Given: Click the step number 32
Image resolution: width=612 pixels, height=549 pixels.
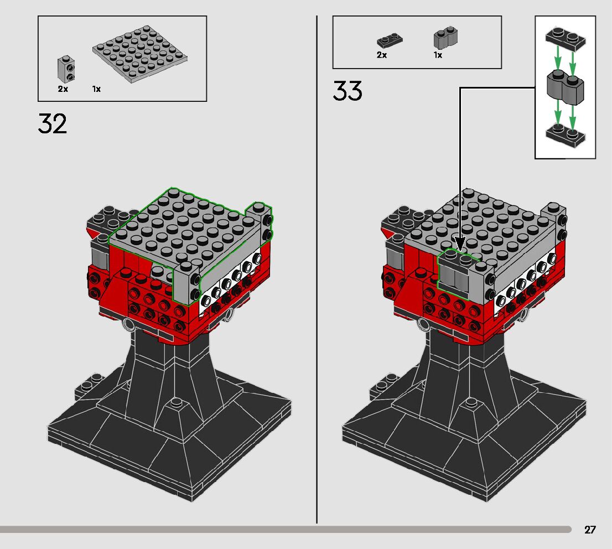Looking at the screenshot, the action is (53, 123).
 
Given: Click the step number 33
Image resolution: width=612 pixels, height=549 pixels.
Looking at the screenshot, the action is (348, 91).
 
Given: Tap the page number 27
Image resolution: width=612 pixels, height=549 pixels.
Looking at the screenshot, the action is (590, 530).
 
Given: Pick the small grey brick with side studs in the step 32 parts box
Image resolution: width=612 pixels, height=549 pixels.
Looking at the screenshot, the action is (66, 69).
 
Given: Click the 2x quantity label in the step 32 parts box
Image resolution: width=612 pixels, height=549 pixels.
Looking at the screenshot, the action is (63, 89).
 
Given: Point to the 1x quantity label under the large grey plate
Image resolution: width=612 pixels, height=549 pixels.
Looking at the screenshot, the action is (96, 89).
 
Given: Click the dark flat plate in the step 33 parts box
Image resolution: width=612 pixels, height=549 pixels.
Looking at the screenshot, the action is (390, 40).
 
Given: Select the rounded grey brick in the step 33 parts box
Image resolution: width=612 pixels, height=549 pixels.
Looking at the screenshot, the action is (445, 38).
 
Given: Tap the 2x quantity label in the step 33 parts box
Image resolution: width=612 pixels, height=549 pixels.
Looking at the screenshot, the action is (382, 55).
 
